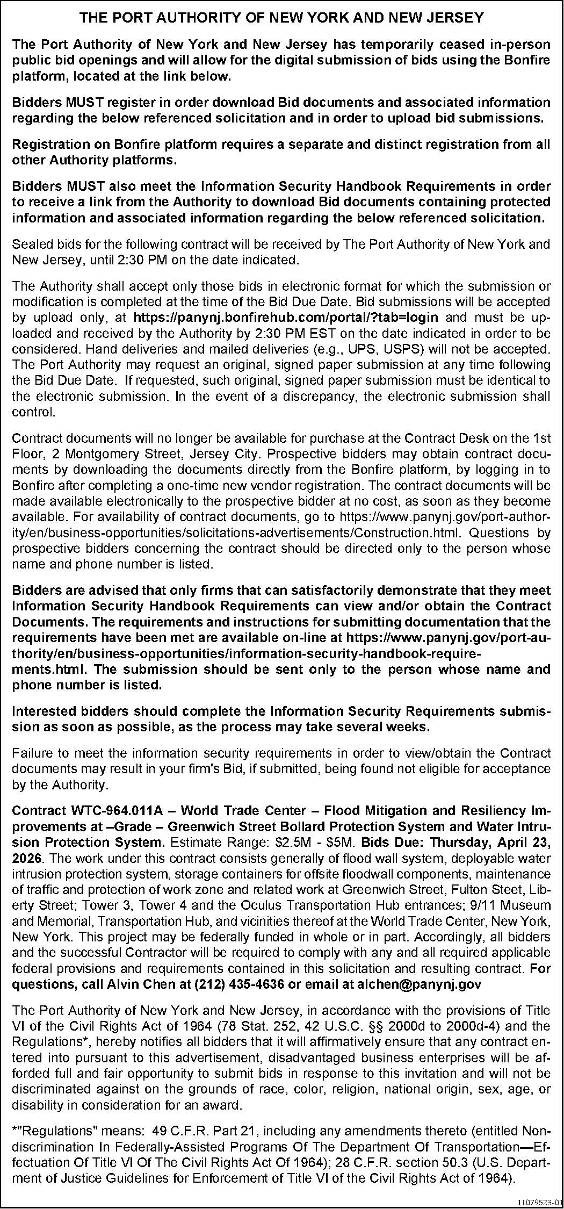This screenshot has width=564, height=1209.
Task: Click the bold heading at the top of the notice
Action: pyautogui.click(x=281, y=18)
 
